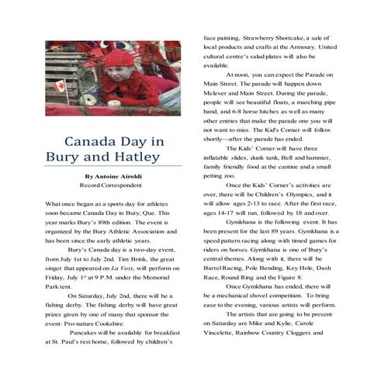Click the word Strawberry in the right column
point(244,38)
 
